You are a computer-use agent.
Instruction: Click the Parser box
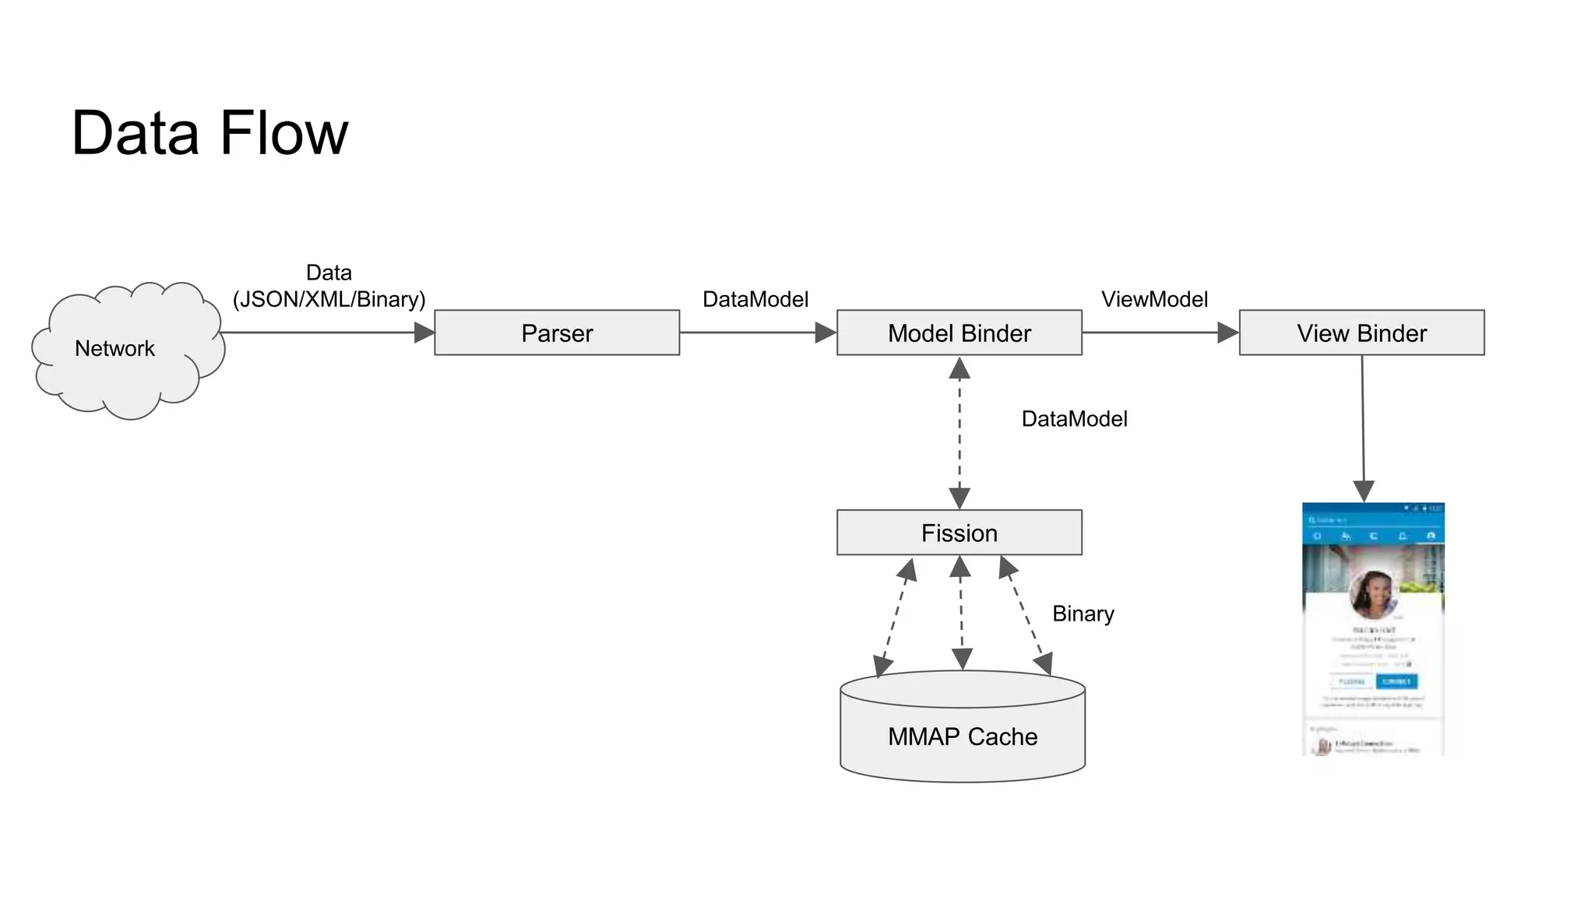pos(557,333)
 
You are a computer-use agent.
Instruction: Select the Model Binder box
pos(959,333)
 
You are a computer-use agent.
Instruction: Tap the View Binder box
pos(1361,333)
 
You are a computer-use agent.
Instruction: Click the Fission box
pos(959,533)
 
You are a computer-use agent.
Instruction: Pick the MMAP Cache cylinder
pos(963,736)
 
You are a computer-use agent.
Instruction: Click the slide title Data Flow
pos(209,133)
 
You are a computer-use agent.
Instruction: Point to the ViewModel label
pos(1154,299)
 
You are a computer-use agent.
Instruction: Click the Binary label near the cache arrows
pos(1083,614)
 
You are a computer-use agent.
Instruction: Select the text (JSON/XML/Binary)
pos(329,299)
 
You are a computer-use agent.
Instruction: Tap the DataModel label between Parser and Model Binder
pos(755,299)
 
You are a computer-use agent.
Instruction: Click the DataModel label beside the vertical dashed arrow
pos(1074,419)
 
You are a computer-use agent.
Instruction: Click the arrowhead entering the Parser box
pos(424,333)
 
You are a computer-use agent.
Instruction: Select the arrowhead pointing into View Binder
pos(1228,333)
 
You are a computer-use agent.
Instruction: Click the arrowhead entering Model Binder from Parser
pos(826,333)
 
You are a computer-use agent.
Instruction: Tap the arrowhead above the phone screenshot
pos(1364,491)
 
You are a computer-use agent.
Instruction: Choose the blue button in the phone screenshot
pos(1396,681)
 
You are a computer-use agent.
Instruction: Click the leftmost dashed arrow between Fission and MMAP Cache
pos(895,617)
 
